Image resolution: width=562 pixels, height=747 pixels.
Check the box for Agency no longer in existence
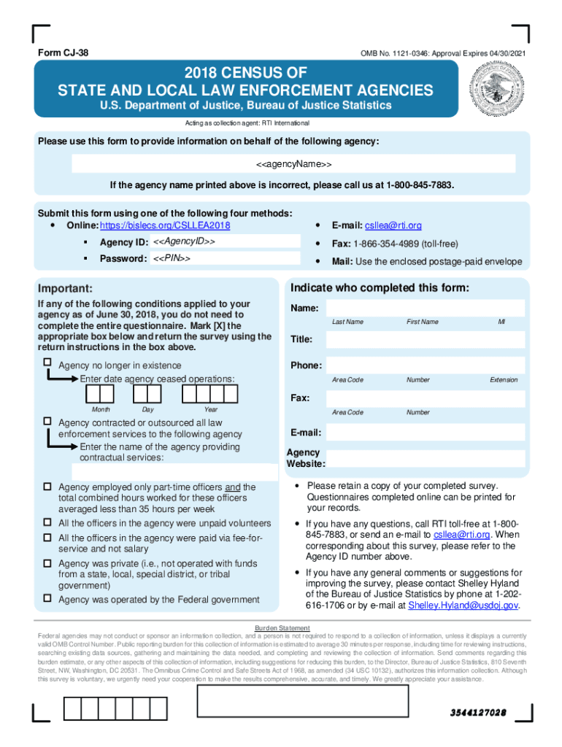47,363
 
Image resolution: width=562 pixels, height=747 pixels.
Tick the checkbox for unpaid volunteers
47,523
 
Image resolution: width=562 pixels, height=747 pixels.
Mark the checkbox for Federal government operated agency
47,599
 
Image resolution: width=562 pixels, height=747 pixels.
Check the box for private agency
47,562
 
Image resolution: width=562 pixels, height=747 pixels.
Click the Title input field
425,340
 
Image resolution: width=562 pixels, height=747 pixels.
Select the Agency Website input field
425,458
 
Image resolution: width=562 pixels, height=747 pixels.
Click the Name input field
425,308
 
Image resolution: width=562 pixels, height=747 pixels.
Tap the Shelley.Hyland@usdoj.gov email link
463,605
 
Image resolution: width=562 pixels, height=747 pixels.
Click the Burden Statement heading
282,628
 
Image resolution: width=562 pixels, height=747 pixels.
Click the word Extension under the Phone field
504,380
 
